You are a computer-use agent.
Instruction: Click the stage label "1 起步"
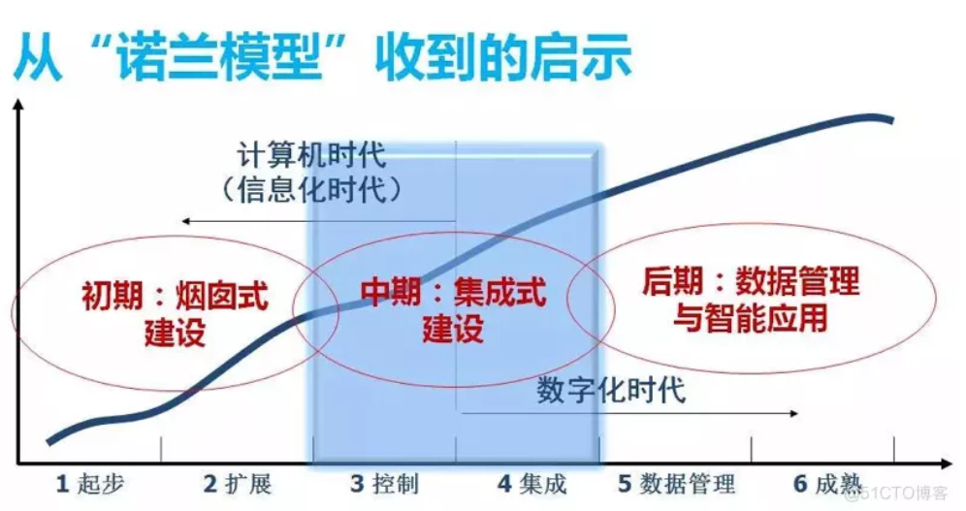[x=90, y=484]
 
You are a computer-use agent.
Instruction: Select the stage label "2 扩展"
[x=238, y=484]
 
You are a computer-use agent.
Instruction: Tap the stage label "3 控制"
[x=384, y=484]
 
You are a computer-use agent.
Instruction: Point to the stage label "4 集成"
[x=531, y=484]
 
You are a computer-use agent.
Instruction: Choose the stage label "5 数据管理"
[x=676, y=484]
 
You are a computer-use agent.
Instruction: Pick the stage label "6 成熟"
[x=827, y=484]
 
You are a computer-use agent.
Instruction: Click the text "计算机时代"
[x=311, y=155]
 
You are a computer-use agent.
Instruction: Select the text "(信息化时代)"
[x=311, y=189]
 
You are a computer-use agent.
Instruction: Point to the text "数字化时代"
[x=611, y=390]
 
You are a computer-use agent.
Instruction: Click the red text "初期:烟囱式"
[x=175, y=296]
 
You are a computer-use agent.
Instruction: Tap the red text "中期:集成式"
[x=454, y=292]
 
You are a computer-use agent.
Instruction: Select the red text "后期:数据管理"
[x=751, y=281]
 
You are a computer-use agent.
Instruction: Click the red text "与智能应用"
[x=751, y=318]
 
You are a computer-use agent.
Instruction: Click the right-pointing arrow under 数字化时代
[x=629, y=413]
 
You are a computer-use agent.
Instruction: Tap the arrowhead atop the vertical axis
[x=18, y=105]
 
